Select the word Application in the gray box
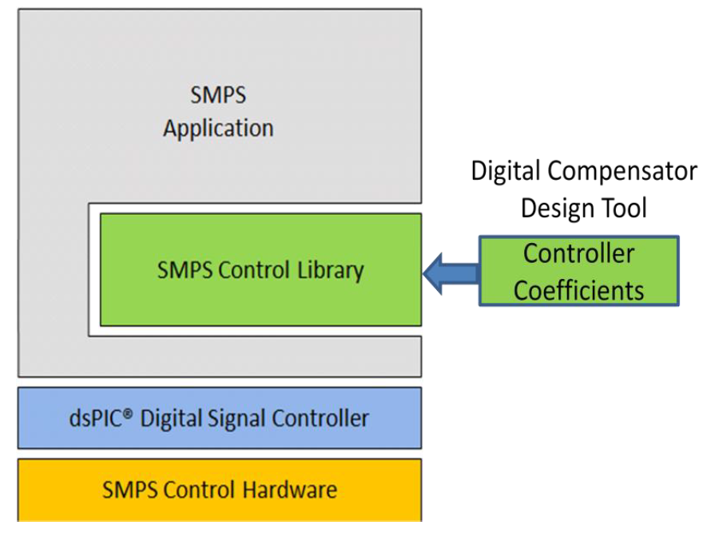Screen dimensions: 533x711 [218, 129]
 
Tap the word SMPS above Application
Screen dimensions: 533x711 [218, 96]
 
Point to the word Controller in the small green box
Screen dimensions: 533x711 [579, 254]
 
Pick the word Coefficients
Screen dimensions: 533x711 [579, 289]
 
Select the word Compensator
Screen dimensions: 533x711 [625, 171]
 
